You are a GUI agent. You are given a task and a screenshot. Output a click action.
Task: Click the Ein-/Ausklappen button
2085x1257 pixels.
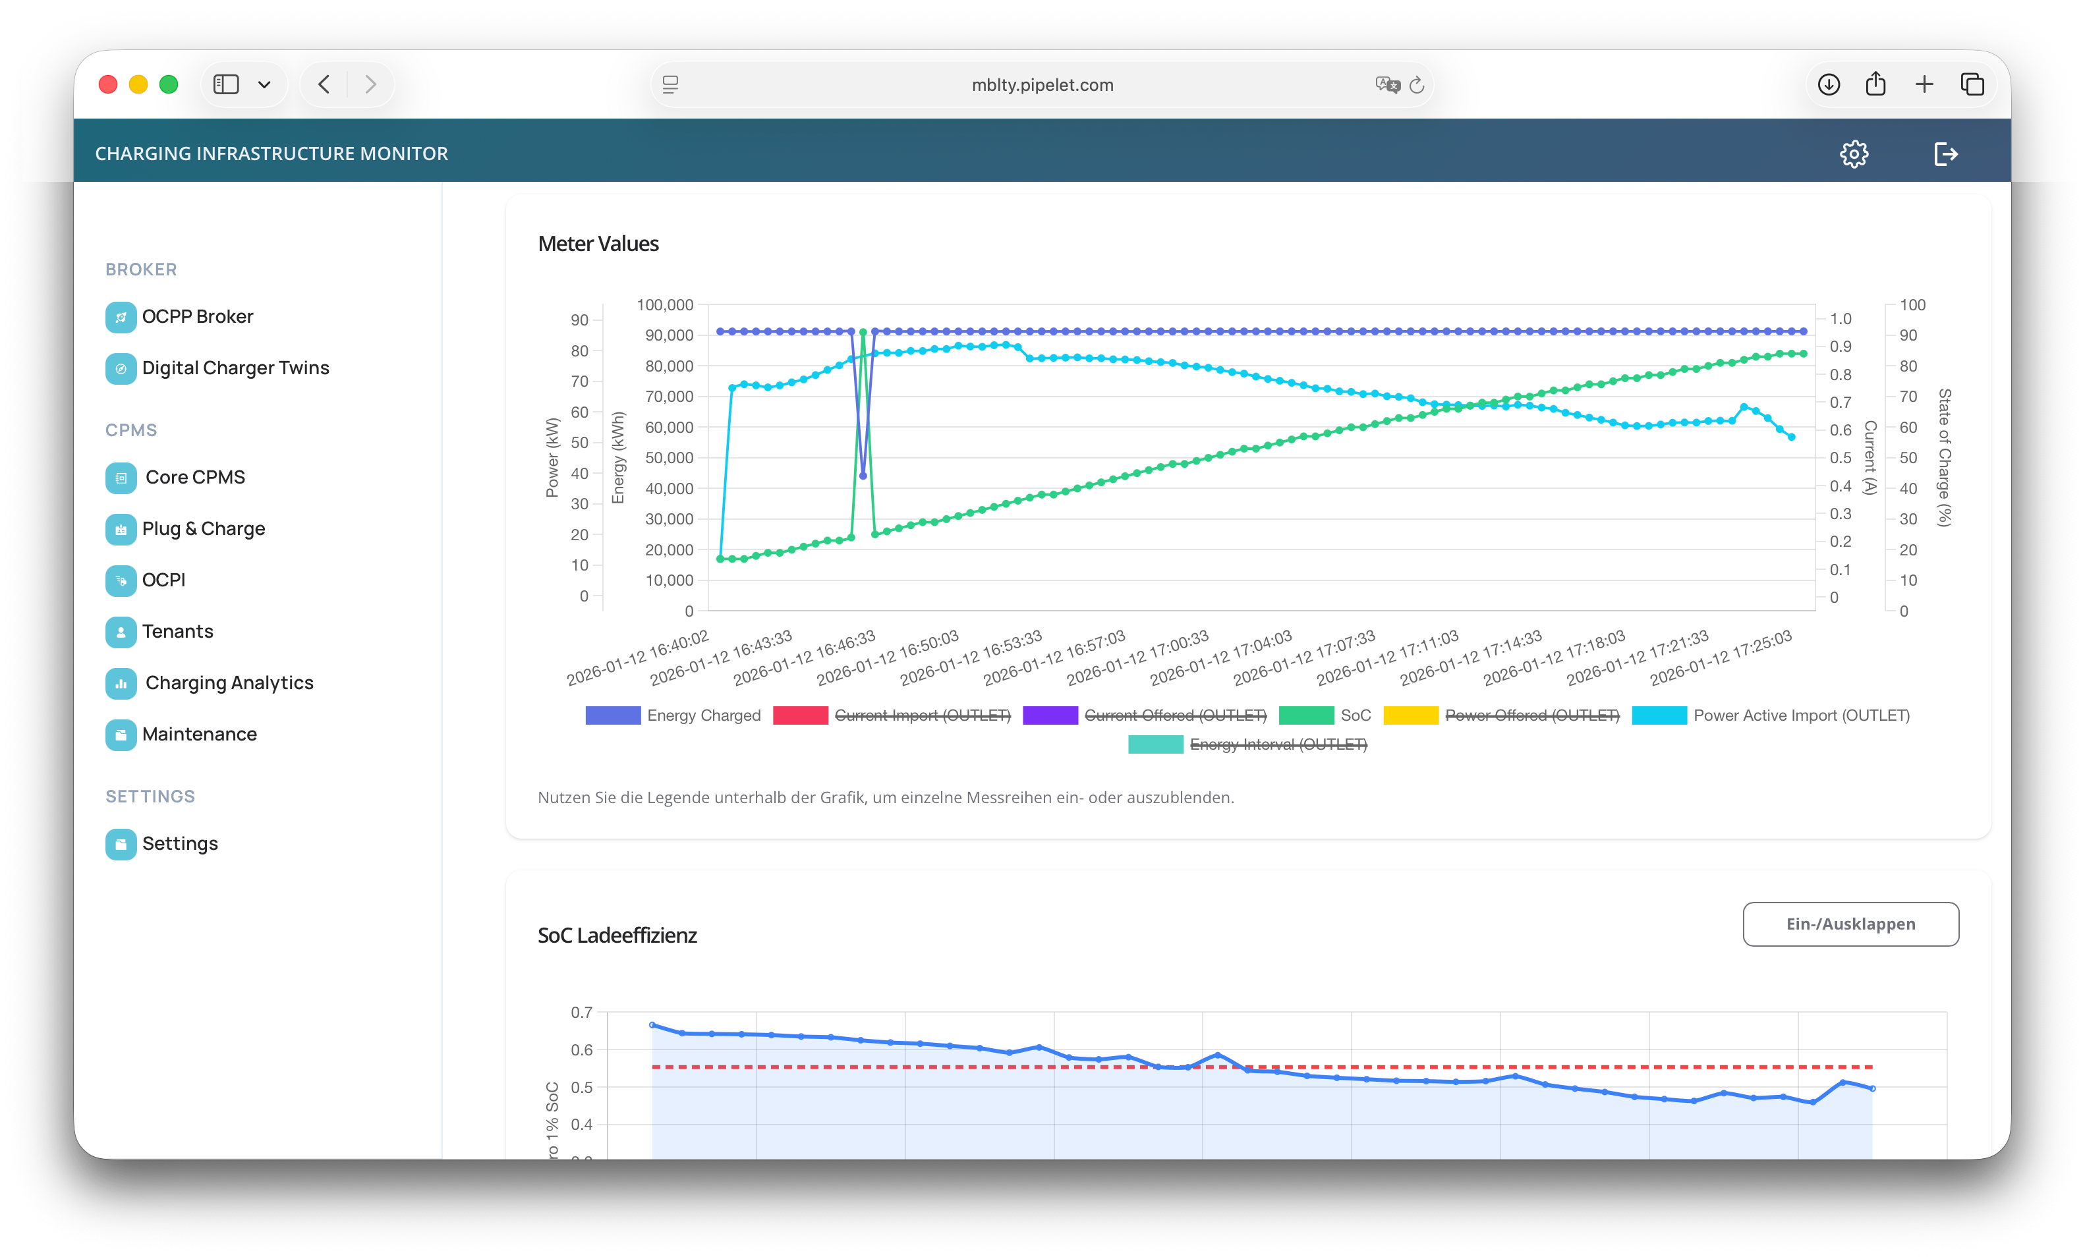(1850, 924)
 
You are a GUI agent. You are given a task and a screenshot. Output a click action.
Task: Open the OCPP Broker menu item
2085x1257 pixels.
(197, 316)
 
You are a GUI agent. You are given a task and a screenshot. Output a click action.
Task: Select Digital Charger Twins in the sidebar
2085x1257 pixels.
(235, 368)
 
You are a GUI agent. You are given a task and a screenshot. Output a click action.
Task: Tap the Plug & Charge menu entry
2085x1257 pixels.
(203, 528)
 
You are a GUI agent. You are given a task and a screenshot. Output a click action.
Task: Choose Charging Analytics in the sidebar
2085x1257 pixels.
(229, 683)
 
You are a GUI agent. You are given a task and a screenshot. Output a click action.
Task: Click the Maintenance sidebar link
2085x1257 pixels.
(199, 734)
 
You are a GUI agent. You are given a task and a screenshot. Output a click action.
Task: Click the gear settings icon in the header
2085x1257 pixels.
(1853, 154)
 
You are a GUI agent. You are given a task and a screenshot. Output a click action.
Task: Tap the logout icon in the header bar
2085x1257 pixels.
(1945, 154)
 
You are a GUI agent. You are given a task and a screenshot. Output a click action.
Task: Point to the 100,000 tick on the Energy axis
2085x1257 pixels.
(664, 304)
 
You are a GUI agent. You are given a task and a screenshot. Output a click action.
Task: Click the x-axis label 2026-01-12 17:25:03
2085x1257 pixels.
(1721, 658)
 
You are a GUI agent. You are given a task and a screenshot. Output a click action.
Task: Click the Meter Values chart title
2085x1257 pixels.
(598, 244)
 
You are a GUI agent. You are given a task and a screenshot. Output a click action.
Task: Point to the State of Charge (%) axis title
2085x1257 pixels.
(1944, 458)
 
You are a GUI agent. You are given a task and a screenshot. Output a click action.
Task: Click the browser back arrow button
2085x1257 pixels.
(324, 84)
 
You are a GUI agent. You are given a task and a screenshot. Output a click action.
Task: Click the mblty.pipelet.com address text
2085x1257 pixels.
(1042, 84)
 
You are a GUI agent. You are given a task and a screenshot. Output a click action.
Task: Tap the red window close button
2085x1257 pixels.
(108, 84)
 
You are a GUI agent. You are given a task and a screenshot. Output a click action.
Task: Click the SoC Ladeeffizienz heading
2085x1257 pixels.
(617, 936)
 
